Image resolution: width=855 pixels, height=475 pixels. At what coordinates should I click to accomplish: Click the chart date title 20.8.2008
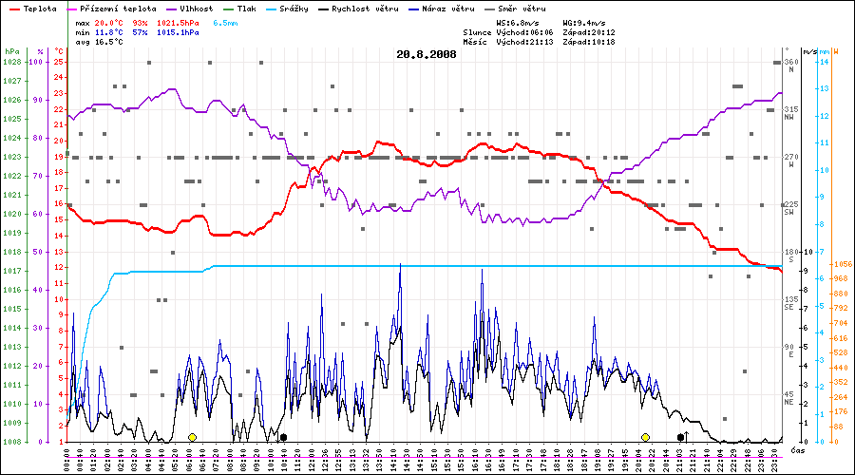427,54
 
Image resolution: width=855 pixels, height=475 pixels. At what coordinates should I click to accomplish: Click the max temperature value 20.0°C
111,22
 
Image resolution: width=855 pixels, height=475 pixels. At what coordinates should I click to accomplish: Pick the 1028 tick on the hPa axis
11,62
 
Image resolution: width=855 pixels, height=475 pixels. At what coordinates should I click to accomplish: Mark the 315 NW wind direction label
789,113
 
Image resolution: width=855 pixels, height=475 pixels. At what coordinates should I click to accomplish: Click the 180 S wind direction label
789,255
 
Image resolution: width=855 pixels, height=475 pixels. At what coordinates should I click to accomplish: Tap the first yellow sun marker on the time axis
192,437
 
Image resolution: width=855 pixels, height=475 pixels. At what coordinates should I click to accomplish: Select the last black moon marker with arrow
682,437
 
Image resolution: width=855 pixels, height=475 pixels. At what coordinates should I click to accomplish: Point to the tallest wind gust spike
400,265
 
